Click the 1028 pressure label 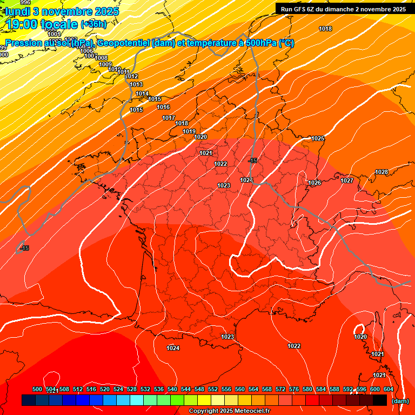pyautogui.click(x=381, y=172)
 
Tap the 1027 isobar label pyautogui.click(x=347, y=180)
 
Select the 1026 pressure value pyautogui.click(x=314, y=183)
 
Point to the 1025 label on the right pyautogui.click(x=318, y=139)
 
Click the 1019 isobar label pyautogui.click(x=189, y=131)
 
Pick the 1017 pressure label pyautogui.click(x=169, y=118)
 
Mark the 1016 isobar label pyautogui.click(x=164, y=107)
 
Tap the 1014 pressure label pyautogui.click(x=142, y=93)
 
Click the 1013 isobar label pyautogui.click(x=136, y=84)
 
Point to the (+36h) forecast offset pyautogui.click(x=94, y=24)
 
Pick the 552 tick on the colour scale pyautogui.click(x=213, y=389)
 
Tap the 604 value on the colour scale pyautogui.click(x=389, y=389)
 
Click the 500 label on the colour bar pyautogui.click(x=37, y=389)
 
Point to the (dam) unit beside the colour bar pyautogui.click(x=400, y=401)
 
